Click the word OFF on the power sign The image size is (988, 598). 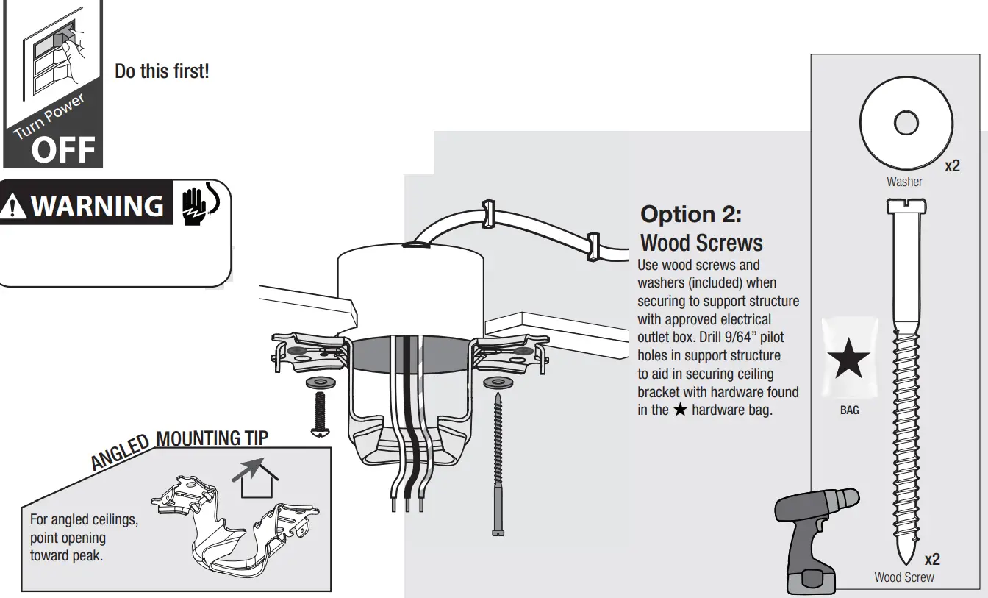tap(64, 150)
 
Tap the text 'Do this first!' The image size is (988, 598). tap(162, 72)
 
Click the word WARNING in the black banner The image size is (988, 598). tap(97, 206)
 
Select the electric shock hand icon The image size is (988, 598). tap(196, 204)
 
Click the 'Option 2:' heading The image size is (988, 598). tap(691, 214)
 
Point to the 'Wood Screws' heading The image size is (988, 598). tap(701, 243)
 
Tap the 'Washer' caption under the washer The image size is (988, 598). tap(904, 182)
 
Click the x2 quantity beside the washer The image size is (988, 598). tap(952, 166)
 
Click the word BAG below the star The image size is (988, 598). tap(849, 410)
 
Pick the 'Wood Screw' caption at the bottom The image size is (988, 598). tap(903, 577)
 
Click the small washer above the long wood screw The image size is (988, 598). tap(498, 383)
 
